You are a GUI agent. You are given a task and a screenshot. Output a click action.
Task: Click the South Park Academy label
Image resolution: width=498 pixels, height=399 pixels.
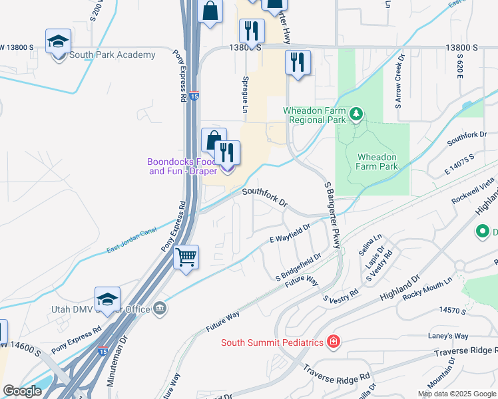[112, 55]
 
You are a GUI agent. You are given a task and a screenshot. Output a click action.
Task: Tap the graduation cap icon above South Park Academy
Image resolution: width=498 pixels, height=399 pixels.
[59, 41]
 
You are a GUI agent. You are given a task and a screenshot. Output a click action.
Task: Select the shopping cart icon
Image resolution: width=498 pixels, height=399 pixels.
[186, 256]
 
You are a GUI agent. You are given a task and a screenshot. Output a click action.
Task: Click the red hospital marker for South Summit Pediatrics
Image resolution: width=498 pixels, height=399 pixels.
[334, 342]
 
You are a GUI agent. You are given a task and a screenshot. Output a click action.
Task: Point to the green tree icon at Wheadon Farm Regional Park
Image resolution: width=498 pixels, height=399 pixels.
[357, 115]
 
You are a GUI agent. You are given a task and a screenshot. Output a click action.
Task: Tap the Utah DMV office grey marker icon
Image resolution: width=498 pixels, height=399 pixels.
[160, 308]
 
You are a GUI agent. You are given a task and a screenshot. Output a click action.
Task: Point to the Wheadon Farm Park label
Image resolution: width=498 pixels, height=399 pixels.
[377, 162]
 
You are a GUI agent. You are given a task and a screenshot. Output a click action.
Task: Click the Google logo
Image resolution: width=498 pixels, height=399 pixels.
[22, 391]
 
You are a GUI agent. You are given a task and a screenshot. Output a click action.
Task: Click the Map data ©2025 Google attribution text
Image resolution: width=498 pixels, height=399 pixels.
[457, 394]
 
